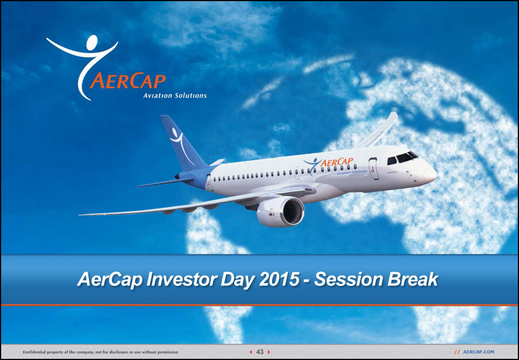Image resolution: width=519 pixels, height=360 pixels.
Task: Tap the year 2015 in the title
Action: point(280,279)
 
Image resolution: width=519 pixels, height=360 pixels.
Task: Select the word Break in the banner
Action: point(413,279)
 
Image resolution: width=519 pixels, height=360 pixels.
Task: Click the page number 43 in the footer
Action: point(260,352)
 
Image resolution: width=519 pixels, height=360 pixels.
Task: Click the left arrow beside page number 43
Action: point(251,352)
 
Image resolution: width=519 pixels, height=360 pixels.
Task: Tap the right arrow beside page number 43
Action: point(269,352)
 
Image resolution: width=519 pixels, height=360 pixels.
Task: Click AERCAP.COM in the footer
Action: point(478,352)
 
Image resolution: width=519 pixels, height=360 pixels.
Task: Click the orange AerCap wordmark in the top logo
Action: point(128,81)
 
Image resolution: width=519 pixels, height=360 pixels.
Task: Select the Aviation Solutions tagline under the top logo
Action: point(175,96)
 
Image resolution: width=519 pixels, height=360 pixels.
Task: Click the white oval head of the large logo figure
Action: point(92,42)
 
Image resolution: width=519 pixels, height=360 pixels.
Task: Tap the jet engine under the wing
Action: point(281,212)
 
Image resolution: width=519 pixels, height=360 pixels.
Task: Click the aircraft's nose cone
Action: point(430,174)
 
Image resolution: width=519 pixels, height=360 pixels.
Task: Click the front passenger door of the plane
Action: point(374,169)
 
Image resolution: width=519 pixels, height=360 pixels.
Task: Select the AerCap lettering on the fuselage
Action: point(336,162)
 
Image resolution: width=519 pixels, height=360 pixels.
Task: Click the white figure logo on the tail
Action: point(181,145)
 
